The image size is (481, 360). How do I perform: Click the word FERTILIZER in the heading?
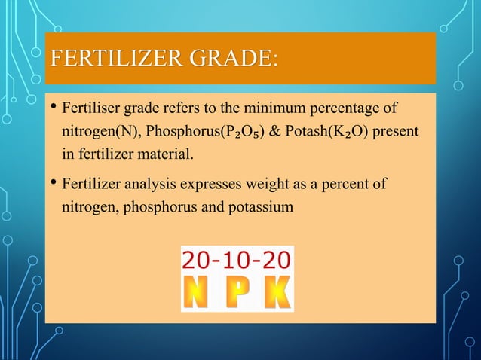[112, 58]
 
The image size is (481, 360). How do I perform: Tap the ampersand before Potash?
[273, 133]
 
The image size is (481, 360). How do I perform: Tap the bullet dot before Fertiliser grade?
[52, 108]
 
